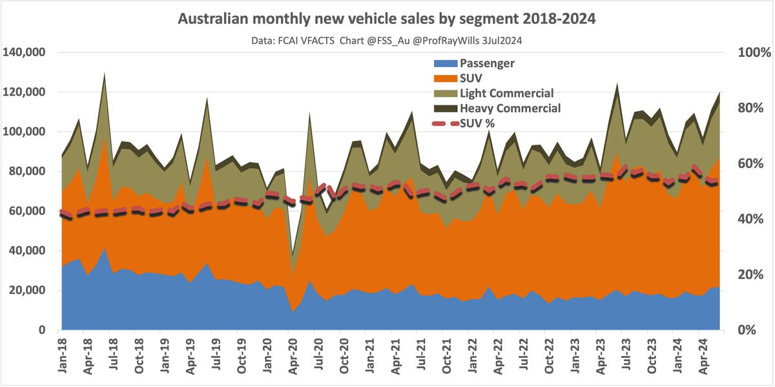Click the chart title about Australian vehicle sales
(386, 19)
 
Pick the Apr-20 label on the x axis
(291, 356)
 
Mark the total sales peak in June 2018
(104, 74)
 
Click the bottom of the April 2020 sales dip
(294, 253)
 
